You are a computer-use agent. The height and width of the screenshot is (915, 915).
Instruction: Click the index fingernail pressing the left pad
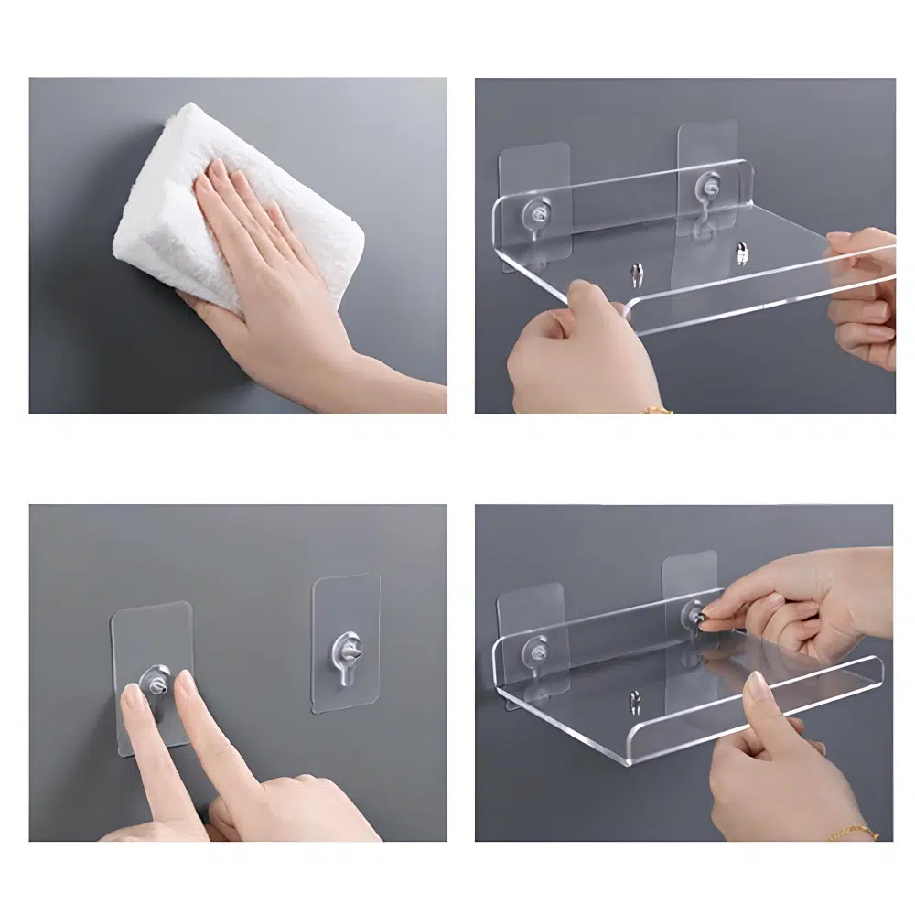135,700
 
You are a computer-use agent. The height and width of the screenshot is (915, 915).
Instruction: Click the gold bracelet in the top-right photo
656,410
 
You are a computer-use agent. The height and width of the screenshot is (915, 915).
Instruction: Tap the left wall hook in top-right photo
535,213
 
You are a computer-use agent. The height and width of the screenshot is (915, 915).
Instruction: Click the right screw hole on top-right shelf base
741,251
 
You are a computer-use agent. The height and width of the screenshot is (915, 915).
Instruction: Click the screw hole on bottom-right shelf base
635,701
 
